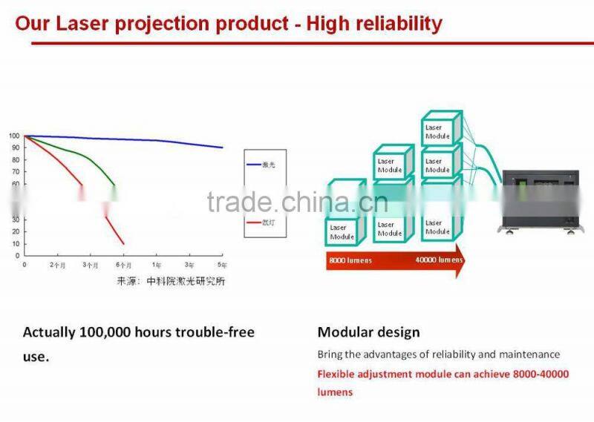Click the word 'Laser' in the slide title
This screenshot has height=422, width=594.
tap(88, 24)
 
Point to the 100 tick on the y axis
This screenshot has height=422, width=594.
tap(14, 136)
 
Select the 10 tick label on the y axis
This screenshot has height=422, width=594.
tap(16, 243)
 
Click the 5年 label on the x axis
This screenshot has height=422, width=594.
tap(221, 265)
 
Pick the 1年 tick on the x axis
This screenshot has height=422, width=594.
tap(156, 265)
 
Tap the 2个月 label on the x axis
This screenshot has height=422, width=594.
tap(58, 265)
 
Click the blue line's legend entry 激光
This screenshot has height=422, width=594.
tap(268, 165)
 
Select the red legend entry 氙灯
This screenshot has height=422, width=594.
tap(268, 222)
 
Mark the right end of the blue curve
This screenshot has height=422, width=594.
tap(222, 147)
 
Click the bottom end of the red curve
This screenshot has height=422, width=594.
tap(123, 243)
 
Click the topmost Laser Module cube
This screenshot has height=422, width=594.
tap(439, 131)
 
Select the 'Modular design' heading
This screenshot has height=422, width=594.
tap(368, 332)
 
